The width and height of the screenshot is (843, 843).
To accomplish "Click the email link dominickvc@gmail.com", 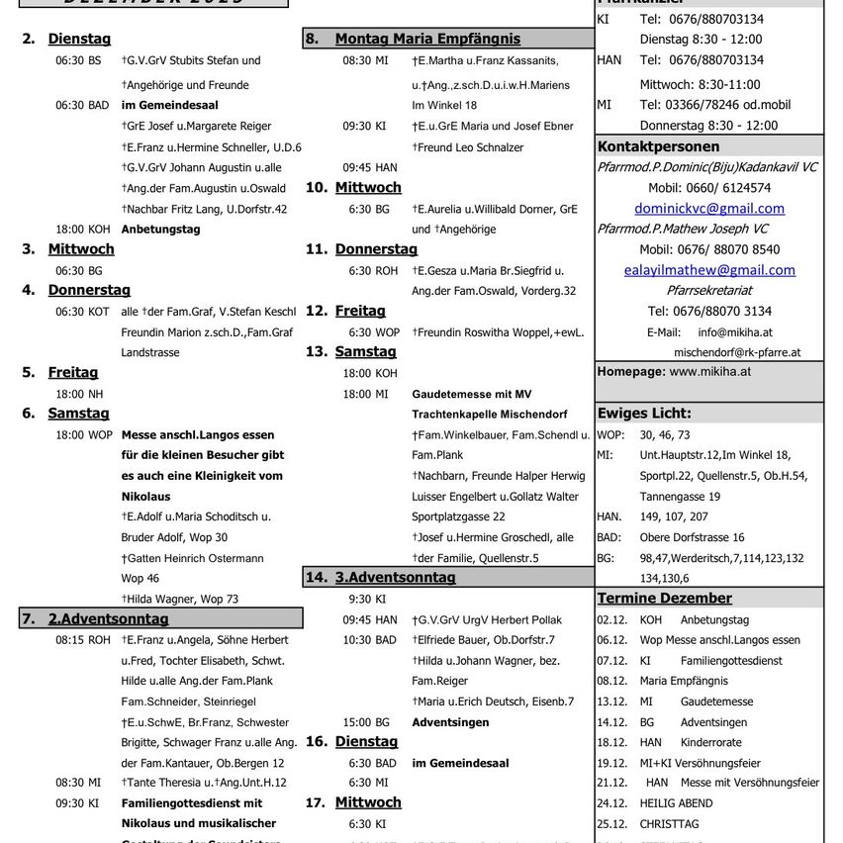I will click(x=708, y=208).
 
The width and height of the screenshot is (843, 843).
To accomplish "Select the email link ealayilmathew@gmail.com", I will click(x=709, y=270).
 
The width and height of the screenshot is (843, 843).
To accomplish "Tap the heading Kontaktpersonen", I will click(x=658, y=145).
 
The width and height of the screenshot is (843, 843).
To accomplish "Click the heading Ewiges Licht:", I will click(x=644, y=414).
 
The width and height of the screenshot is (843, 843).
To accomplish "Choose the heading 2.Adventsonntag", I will click(x=108, y=619).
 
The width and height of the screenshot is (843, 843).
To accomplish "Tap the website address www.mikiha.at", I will click(x=710, y=372).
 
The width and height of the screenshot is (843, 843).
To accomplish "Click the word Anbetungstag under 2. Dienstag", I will click(x=160, y=229).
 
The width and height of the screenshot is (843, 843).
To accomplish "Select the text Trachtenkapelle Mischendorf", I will click(x=490, y=414).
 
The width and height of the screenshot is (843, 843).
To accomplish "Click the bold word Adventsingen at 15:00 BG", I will click(x=450, y=722).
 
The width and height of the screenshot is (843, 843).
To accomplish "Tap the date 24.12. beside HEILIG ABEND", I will click(x=609, y=803).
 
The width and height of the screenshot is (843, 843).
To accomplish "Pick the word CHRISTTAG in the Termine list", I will click(x=669, y=824).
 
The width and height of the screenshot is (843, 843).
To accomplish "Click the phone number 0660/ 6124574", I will click(x=708, y=188).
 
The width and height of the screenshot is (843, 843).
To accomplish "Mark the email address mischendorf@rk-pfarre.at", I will click(x=737, y=352).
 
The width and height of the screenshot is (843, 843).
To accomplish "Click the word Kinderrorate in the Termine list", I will click(x=710, y=742).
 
